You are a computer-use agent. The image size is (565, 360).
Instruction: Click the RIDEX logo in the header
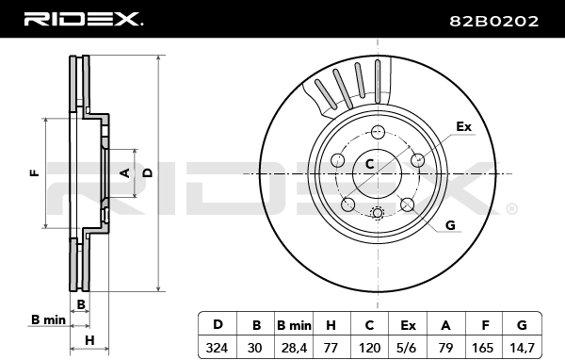click(x=84, y=19)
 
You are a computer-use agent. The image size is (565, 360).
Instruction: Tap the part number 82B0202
click(x=493, y=22)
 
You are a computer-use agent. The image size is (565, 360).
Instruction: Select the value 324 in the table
click(x=217, y=348)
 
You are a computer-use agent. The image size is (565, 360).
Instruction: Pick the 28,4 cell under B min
click(x=294, y=348)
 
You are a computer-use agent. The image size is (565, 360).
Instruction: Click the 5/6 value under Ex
click(x=408, y=348)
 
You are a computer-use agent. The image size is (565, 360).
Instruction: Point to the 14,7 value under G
click(x=522, y=348)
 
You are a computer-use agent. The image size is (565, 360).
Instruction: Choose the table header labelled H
click(x=331, y=325)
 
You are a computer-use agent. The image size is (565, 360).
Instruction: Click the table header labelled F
click(x=485, y=325)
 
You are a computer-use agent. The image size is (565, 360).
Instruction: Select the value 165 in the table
click(x=482, y=348)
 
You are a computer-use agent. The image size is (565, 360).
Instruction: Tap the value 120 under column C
click(x=369, y=348)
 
